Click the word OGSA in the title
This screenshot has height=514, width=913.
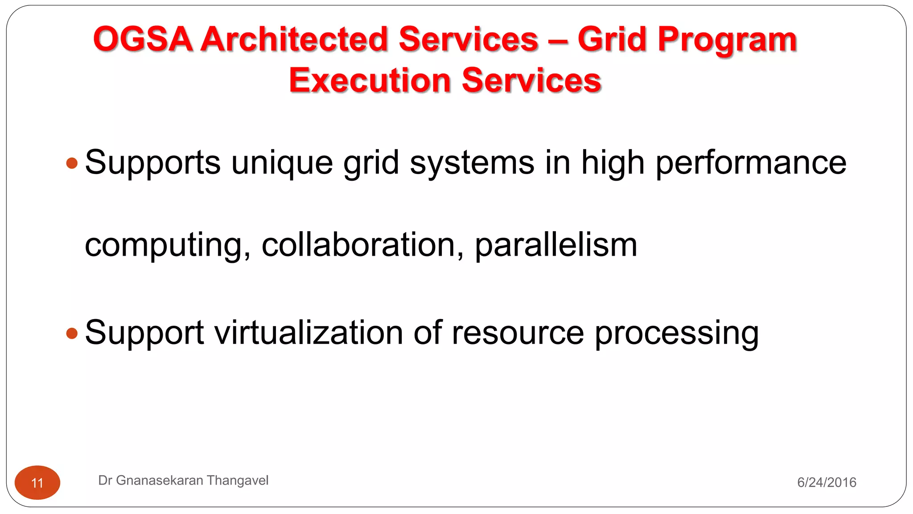(143, 39)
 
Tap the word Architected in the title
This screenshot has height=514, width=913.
(294, 39)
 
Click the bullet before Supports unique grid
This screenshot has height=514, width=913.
(72, 163)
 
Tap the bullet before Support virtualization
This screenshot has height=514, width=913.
(72, 333)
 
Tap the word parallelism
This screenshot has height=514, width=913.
(556, 245)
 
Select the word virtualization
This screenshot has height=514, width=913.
(309, 333)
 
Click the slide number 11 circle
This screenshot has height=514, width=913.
(37, 483)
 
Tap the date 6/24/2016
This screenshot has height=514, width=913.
(827, 482)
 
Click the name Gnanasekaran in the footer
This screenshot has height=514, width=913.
(160, 481)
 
